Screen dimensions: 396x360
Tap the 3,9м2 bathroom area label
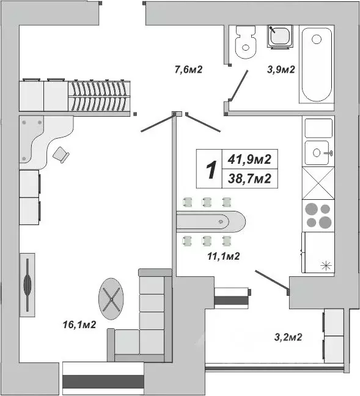[281, 69]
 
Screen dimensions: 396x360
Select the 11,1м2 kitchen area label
[222, 256]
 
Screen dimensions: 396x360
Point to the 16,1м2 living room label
[79, 324]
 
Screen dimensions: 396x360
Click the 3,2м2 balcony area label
[288, 335]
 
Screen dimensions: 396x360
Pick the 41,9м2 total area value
[249, 159]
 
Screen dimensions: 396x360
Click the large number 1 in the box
[210, 170]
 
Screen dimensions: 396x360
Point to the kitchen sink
[318, 150]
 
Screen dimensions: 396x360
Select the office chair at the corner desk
[61, 155]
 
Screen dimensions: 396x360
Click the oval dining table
[211, 221]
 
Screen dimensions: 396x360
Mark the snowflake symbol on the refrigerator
[325, 265]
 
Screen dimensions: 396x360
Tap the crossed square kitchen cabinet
[318, 183]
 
